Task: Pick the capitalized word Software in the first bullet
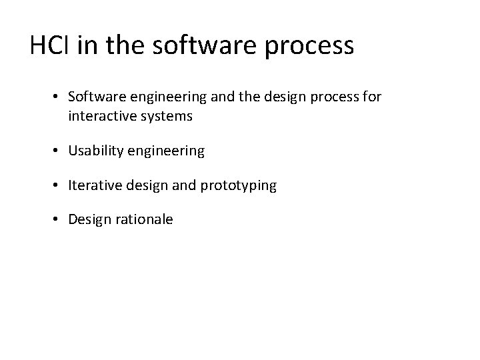(x=93, y=97)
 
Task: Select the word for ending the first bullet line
(x=372, y=97)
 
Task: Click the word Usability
(x=92, y=151)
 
